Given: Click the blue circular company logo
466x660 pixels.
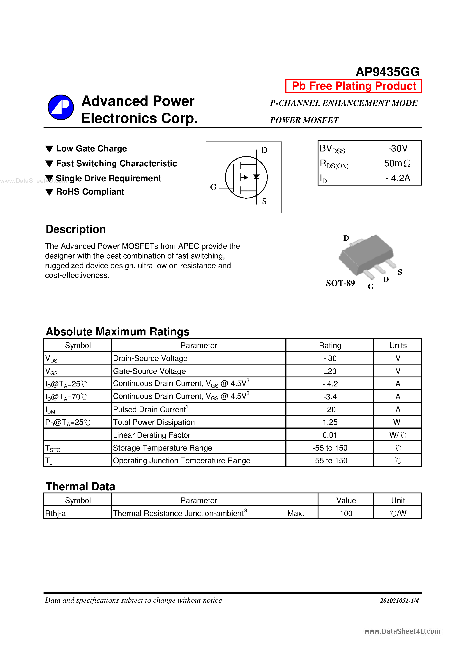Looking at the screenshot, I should (61, 107).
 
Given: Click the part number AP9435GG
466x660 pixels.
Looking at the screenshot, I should (387, 72).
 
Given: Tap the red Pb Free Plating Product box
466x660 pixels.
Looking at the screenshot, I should (353, 86).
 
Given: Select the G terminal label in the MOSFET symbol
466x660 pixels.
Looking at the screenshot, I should (213, 187).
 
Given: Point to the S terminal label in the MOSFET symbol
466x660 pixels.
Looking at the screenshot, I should (264, 201).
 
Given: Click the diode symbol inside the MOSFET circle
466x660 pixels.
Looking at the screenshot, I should (256, 177).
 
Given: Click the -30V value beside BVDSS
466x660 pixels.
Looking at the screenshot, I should (398, 148).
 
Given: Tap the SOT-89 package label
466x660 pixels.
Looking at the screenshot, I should (340, 283).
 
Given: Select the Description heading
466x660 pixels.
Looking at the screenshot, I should (76, 229).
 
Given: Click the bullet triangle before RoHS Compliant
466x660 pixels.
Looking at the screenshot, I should (49, 192).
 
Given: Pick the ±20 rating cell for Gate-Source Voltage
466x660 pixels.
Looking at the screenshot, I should (330, 371).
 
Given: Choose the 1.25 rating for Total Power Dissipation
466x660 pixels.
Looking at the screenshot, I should (330, 422).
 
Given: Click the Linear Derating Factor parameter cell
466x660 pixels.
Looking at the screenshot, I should (152, 435).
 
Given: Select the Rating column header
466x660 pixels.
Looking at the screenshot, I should (330, 345).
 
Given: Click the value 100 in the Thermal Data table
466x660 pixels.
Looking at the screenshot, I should (346, 514).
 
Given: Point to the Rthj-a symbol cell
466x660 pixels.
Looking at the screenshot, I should (55, 514).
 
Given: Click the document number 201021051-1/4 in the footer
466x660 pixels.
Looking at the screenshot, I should (399, 600).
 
